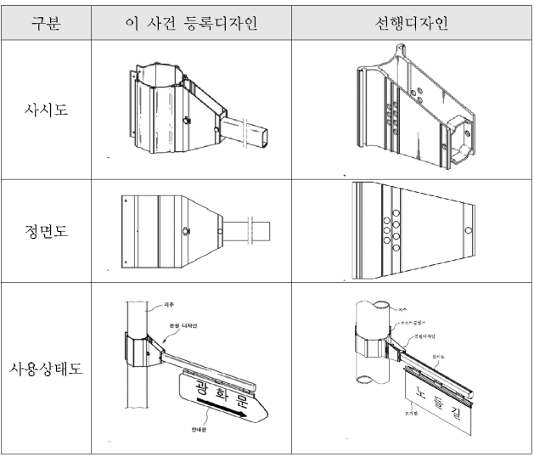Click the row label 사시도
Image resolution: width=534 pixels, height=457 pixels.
coord(47,109)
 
